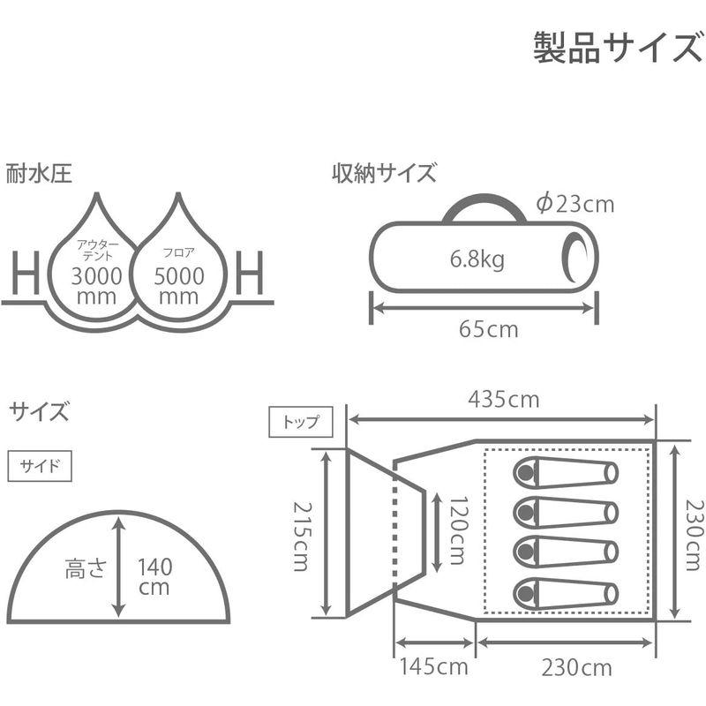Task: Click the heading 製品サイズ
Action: tap(617, 48)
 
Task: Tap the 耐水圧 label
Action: tap(40, 172)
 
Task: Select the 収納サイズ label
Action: tap(384, 172)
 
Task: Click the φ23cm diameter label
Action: tap(575, 204)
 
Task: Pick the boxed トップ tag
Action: tap(301, 422)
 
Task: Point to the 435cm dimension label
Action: tap(503, 399)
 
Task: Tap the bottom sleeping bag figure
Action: tap(564, 590)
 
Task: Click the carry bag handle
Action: tap(483, 206)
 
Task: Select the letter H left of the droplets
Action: tap(26, 274)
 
